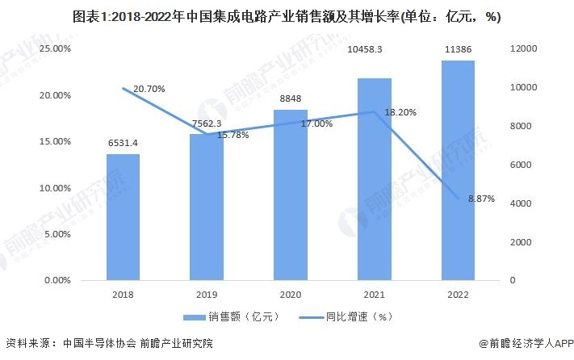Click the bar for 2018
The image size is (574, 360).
(123, 217)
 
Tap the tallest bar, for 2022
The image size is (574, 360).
(457, 170)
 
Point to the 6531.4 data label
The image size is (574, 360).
(123, 143)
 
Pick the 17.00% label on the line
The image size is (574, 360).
(316, 124)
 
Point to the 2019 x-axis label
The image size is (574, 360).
(207, 295)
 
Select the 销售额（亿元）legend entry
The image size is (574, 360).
(218, 316)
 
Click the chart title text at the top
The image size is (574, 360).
(287, 15)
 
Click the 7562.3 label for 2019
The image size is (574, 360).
(207, 124)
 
